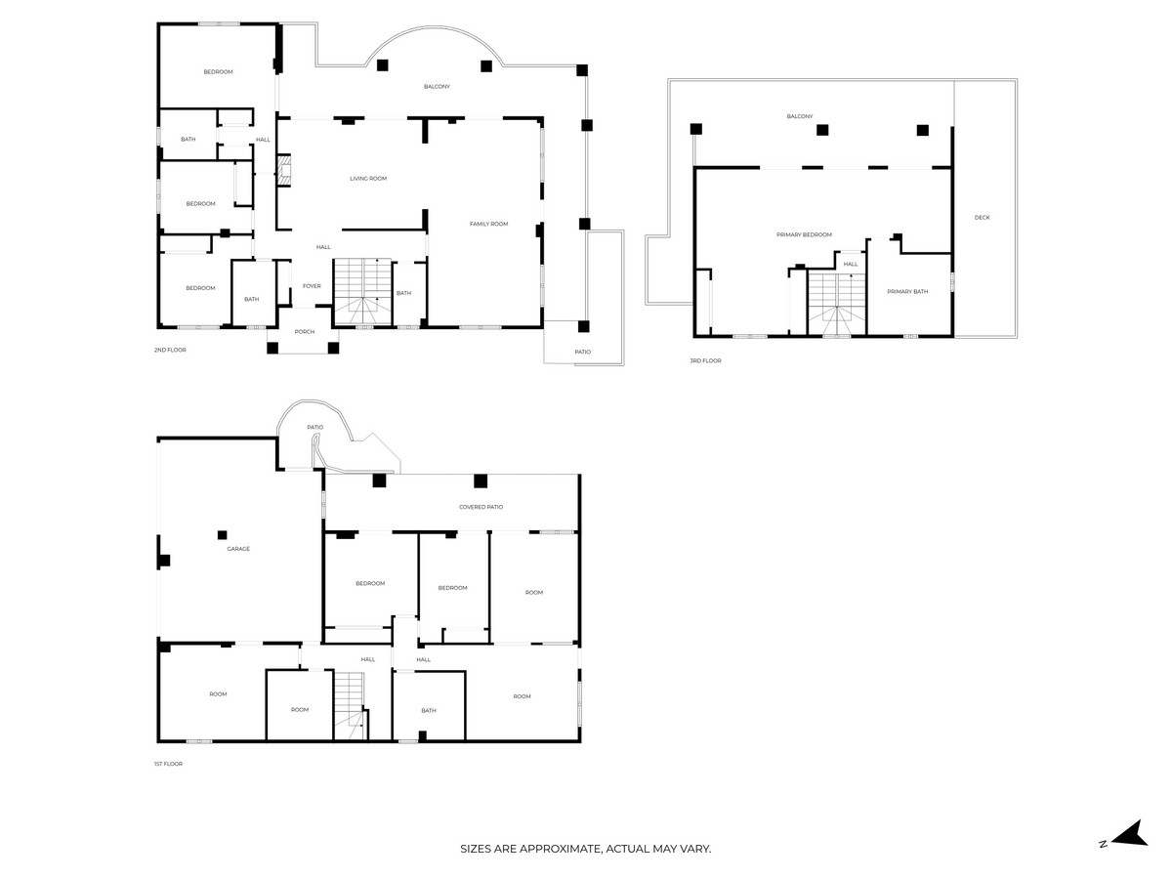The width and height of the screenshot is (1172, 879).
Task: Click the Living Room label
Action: [368, 179]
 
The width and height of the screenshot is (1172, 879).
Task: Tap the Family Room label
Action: [488, 224]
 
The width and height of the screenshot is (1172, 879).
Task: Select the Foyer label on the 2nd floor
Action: [312, 286]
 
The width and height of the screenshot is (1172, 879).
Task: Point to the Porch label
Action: [305, 332]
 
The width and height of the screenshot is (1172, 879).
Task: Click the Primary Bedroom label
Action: [804, 234]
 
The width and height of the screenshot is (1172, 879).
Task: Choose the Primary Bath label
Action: [907, 291]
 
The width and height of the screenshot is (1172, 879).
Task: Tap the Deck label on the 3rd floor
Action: [982, 217]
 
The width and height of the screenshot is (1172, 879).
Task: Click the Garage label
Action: [238, 549]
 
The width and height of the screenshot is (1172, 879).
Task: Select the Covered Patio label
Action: [481, 507]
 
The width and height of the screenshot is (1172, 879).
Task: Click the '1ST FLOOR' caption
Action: [168, 764]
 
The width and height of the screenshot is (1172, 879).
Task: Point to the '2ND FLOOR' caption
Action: [169, 350]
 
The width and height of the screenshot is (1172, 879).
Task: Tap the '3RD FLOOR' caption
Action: [704, 360]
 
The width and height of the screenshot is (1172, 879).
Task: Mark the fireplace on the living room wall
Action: [284, 171]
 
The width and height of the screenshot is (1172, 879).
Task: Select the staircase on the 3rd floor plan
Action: [836, 303]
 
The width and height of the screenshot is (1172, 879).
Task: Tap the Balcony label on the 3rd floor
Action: [799, 116]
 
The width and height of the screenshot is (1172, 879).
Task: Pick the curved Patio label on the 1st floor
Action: [314, 427]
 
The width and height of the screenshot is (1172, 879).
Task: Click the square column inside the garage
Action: [223, 534]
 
